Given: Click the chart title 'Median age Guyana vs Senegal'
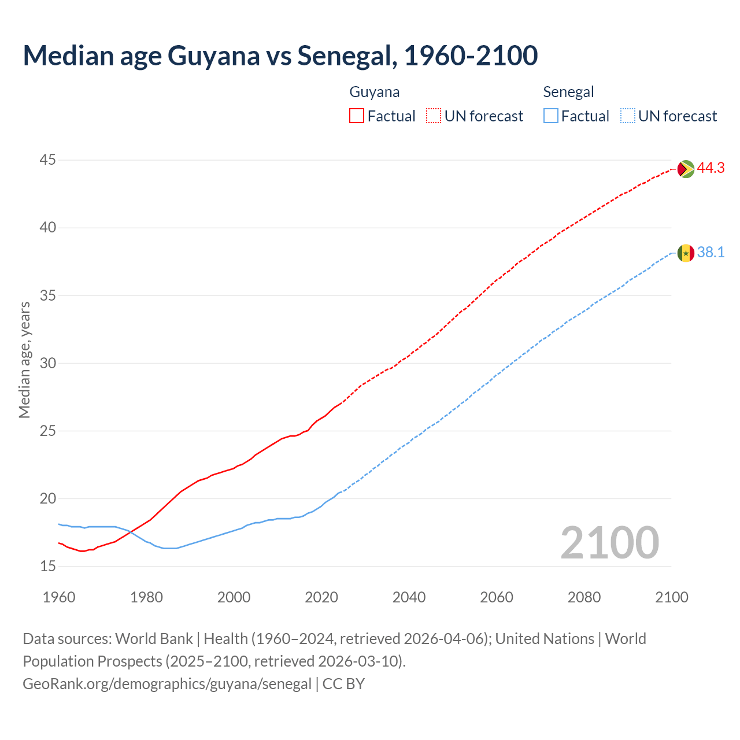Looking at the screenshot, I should click(280, 55).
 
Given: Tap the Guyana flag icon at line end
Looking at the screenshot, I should click(685, 169).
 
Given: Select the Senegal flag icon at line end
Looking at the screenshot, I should click(685, 253).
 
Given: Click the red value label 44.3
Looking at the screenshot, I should click(711, 168).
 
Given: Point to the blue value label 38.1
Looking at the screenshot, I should click(711, 253).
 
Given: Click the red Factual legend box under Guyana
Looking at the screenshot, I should click(357, 116).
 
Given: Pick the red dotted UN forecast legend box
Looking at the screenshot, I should click(434, 116).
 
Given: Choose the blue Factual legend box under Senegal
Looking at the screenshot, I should click(551, 116).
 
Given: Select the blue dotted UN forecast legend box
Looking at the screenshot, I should click(628, 116).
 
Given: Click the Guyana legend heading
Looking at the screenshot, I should click(375, 92).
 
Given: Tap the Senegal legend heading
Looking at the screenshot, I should click(568, 92).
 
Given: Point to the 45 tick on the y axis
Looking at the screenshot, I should click(48, 160).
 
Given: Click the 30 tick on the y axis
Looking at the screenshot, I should click(48, 364).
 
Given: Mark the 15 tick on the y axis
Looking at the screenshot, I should click(48, 567).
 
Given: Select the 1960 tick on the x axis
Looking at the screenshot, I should click(59, 597).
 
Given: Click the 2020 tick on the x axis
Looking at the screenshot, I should click(321, 597).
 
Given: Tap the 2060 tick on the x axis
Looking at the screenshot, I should click(497, 597).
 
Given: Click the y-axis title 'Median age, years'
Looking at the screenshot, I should click(24, 360).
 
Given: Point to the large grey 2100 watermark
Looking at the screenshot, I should click(609, 543).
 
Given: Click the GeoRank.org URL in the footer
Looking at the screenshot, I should click(167, 684).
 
